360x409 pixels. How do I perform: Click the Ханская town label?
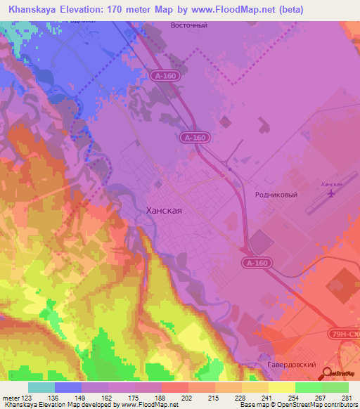pyautogui.click(x=163, y=210)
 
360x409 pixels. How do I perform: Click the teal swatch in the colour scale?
pyautogui.click(x=41, y=387)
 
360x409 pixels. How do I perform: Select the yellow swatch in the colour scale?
pyautogui.click(x=281, y=387)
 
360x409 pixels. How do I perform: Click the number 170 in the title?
pyautogui.click(x=129, y=9)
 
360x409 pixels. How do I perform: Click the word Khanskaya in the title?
pyautogui.click(x=33, y=9)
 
